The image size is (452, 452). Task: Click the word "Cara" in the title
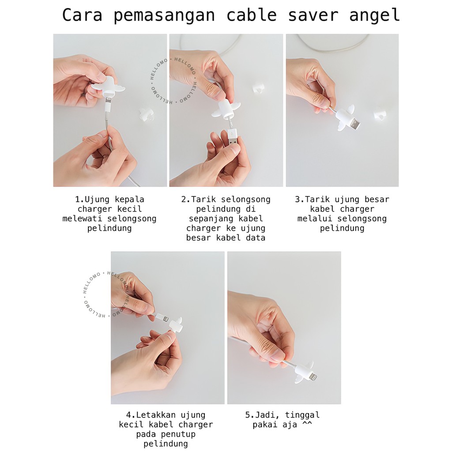coord(82,15)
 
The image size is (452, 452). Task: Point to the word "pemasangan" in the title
coord(164,15)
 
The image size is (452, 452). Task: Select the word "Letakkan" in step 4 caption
coord(156,415)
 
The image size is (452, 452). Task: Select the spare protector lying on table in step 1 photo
coord(145,115)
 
